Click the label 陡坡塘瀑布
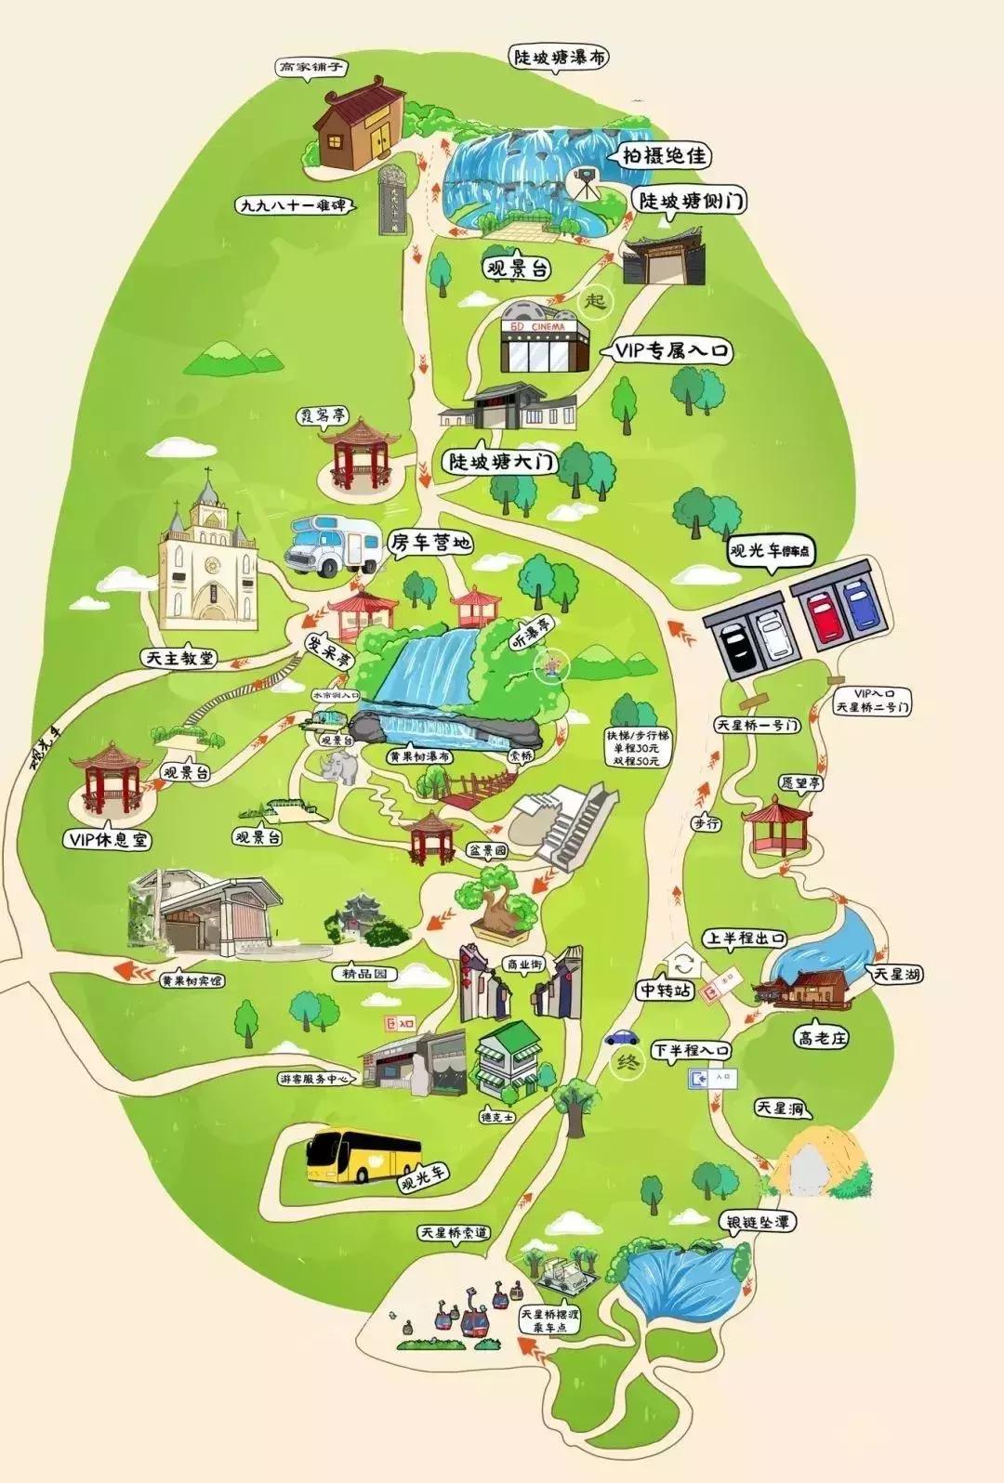coord(561,57)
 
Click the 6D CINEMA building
coord(545,337)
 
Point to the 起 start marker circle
coord(596,300)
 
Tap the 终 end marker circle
coord(627,1062)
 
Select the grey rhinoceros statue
coord(338,768)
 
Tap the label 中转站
coord(665,990)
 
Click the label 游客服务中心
coord(314,1080)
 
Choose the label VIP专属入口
coord(672,350)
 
